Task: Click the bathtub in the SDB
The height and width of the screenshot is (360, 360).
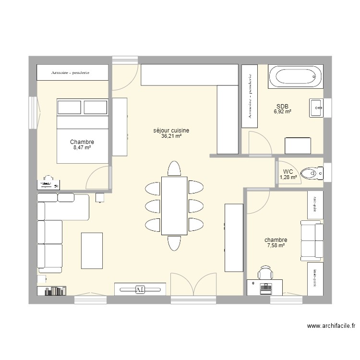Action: tap(294, 77)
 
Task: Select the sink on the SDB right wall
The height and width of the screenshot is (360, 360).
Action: tap(317, 108)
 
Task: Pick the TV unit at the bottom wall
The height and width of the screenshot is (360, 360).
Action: tap(140, 289)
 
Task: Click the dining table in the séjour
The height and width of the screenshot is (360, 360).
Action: tap(174, 205)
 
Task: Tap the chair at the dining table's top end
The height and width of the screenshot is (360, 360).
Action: tap(174, 169)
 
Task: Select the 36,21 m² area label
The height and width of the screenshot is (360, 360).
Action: tap(171, 136)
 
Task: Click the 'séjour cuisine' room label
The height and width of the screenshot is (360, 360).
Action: tap(171, 130)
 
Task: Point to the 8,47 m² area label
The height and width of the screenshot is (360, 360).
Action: tap(82, 148)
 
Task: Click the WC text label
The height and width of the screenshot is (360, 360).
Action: tap(288, 171)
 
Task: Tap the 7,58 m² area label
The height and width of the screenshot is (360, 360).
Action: tap(276, 246)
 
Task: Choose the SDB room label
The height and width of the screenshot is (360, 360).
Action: tap(282, 106)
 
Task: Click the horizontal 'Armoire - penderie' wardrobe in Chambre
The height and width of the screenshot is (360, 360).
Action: tap(73, 73)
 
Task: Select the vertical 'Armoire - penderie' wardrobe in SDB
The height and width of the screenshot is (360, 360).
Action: tap(250, 96)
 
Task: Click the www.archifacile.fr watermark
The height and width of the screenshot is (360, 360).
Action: tap(331, 326)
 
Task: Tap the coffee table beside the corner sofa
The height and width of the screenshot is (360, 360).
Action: tap(91, 250)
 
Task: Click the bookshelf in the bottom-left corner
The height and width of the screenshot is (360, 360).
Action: tap(52, 290)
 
